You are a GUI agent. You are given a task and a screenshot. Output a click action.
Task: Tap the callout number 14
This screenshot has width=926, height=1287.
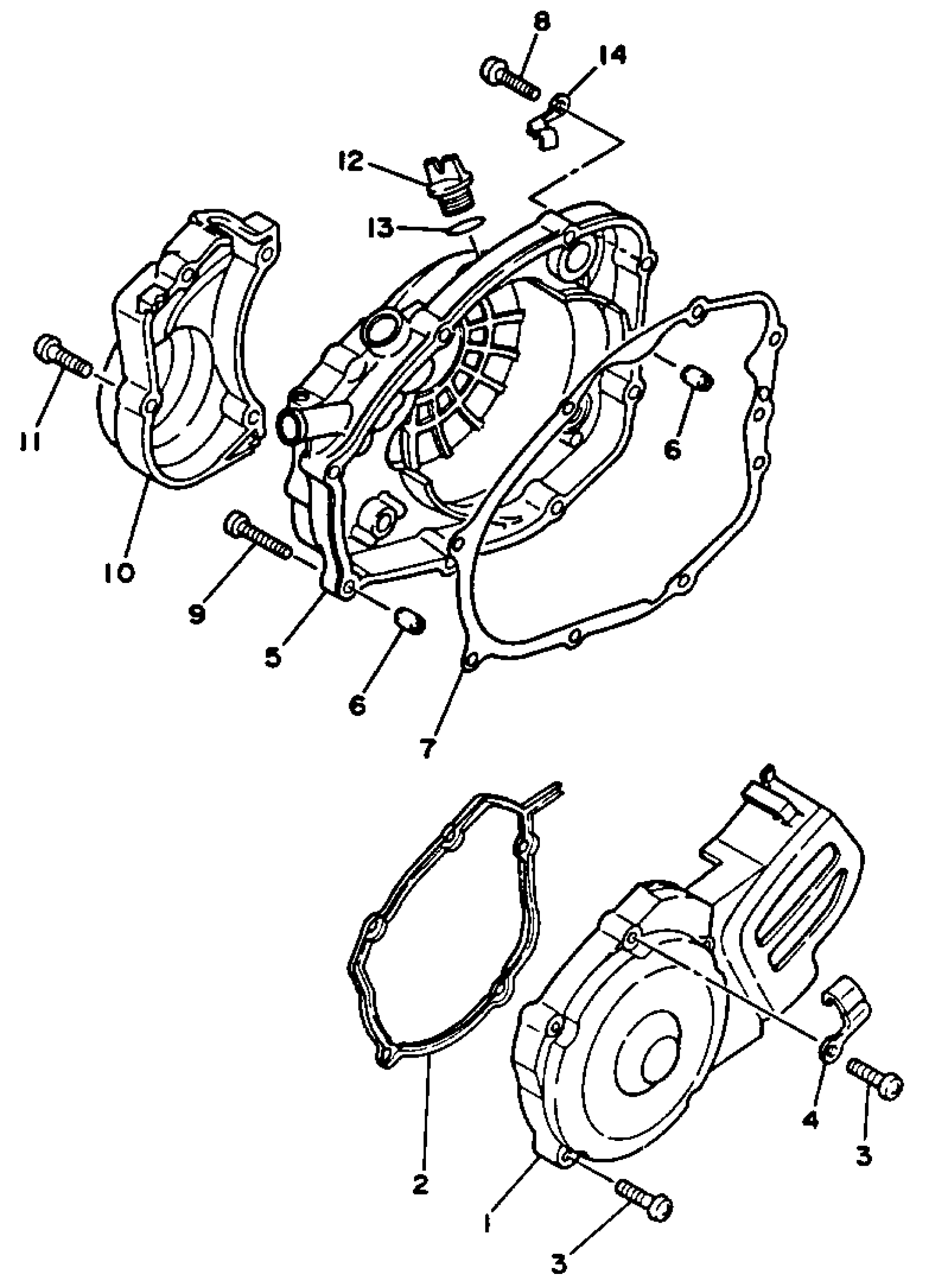(x=611, y=56)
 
